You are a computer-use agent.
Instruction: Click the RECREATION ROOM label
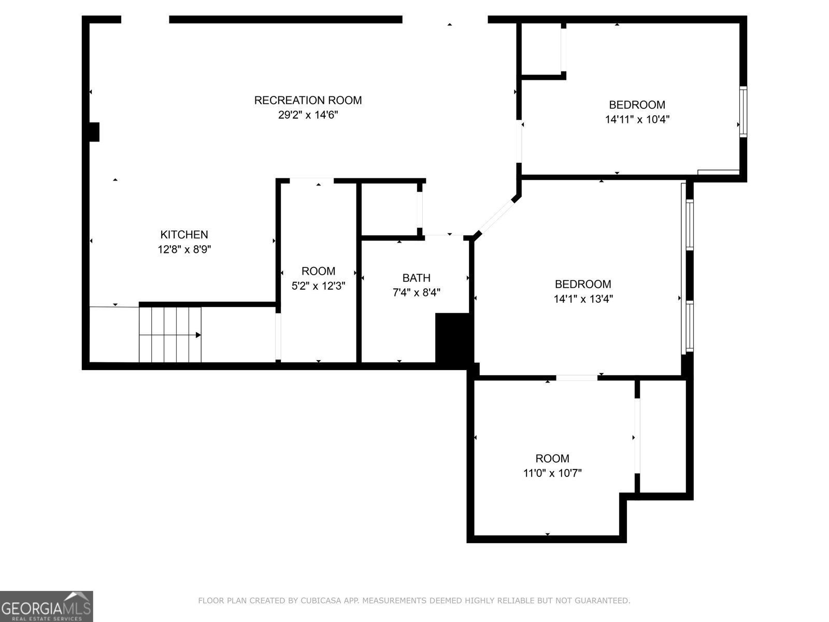(x=308, y=100)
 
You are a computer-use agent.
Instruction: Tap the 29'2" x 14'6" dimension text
(x=308, y=115)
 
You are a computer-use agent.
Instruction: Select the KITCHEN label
(x=184, y=235)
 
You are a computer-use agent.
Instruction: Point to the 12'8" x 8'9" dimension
(x=184, y=249)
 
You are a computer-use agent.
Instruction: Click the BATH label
(x=416, y=278)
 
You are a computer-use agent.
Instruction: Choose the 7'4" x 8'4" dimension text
(x=416, y=293)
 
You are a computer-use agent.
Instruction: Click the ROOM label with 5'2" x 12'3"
(x=318, y=271)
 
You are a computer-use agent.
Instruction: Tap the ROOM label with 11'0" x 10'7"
(x=552, y=459)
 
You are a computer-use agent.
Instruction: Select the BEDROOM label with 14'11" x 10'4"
(x=637, y=105)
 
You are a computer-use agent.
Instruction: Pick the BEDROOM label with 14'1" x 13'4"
(x=583, y=284)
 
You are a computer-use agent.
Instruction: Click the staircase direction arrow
(x=198, y=335)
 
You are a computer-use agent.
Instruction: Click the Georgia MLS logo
(x=46, y=606)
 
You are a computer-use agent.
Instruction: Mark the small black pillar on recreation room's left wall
(x=94, y=132)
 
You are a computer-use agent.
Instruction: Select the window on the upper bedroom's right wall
(x=743, y=112)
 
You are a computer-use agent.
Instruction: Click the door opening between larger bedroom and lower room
(x=577, y=378)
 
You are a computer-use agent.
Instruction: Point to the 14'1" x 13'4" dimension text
(x=583, y=299)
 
